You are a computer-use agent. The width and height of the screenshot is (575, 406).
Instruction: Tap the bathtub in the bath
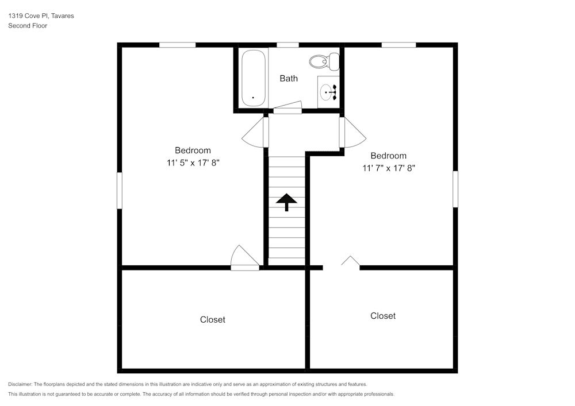(x=253, y=78)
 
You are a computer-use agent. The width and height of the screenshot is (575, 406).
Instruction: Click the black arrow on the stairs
(x=286, y=202)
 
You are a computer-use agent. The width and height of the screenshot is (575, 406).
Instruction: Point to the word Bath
(x=289, y=78)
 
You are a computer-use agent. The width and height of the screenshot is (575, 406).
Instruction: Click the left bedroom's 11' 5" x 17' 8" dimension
(x=193, y=163)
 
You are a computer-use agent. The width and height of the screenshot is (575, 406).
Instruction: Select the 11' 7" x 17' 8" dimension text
(x=388, y=168)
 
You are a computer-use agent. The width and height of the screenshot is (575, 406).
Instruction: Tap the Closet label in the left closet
(x=212, y=319)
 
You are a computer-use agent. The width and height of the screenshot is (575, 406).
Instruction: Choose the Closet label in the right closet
(x=382, y=316)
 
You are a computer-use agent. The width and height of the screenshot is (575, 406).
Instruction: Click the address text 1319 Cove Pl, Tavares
(x=41, y=16)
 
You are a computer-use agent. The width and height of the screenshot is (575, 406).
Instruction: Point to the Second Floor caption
(x=28, y=26)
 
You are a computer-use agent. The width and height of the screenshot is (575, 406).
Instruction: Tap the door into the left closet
(x=244, y=259)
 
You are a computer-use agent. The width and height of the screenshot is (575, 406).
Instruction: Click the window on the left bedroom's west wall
(x=120, y=191)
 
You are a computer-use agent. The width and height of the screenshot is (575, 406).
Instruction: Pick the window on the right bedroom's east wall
(x=455, y=189)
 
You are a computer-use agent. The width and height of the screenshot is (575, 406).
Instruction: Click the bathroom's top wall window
(x=287, y=45)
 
